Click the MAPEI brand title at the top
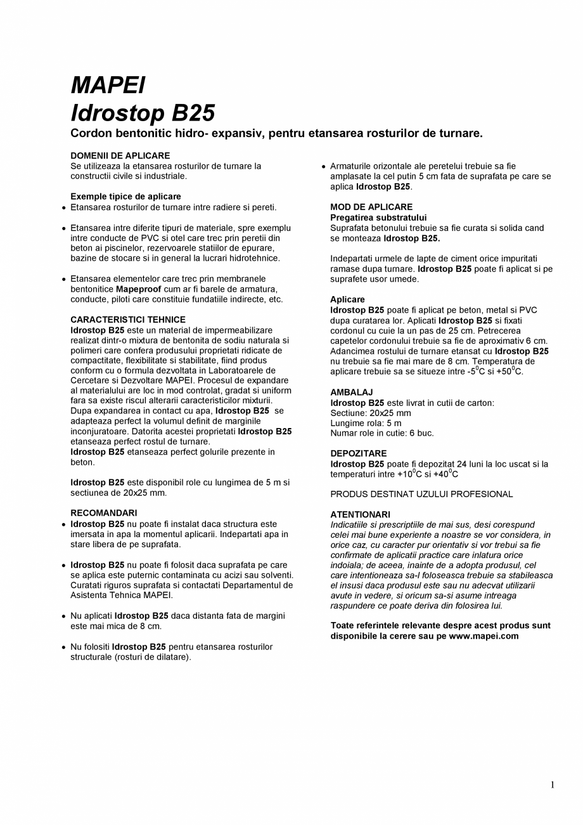coord(108,85)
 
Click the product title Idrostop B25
coord(143,114)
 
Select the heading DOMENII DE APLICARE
coord(120,155)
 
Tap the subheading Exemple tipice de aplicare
coord(125,197)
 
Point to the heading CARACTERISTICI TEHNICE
coord(128,320)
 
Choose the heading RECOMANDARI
coord(103,512)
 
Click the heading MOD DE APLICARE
coord(371,207)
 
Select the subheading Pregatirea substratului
coord(378,218)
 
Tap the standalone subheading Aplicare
coord(347,299)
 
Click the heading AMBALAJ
coord(351,393)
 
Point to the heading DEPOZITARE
coord(358,453)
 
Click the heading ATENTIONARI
coord(360,514)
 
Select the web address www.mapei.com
coord(484,636)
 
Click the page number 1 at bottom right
coord(553,785)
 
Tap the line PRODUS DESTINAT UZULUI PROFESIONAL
coord(421,494)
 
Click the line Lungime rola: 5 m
coord(366,423)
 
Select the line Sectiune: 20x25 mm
coord(371,413)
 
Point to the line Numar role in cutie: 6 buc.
coord(382,433)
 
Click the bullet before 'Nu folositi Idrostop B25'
coord(64,647)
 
